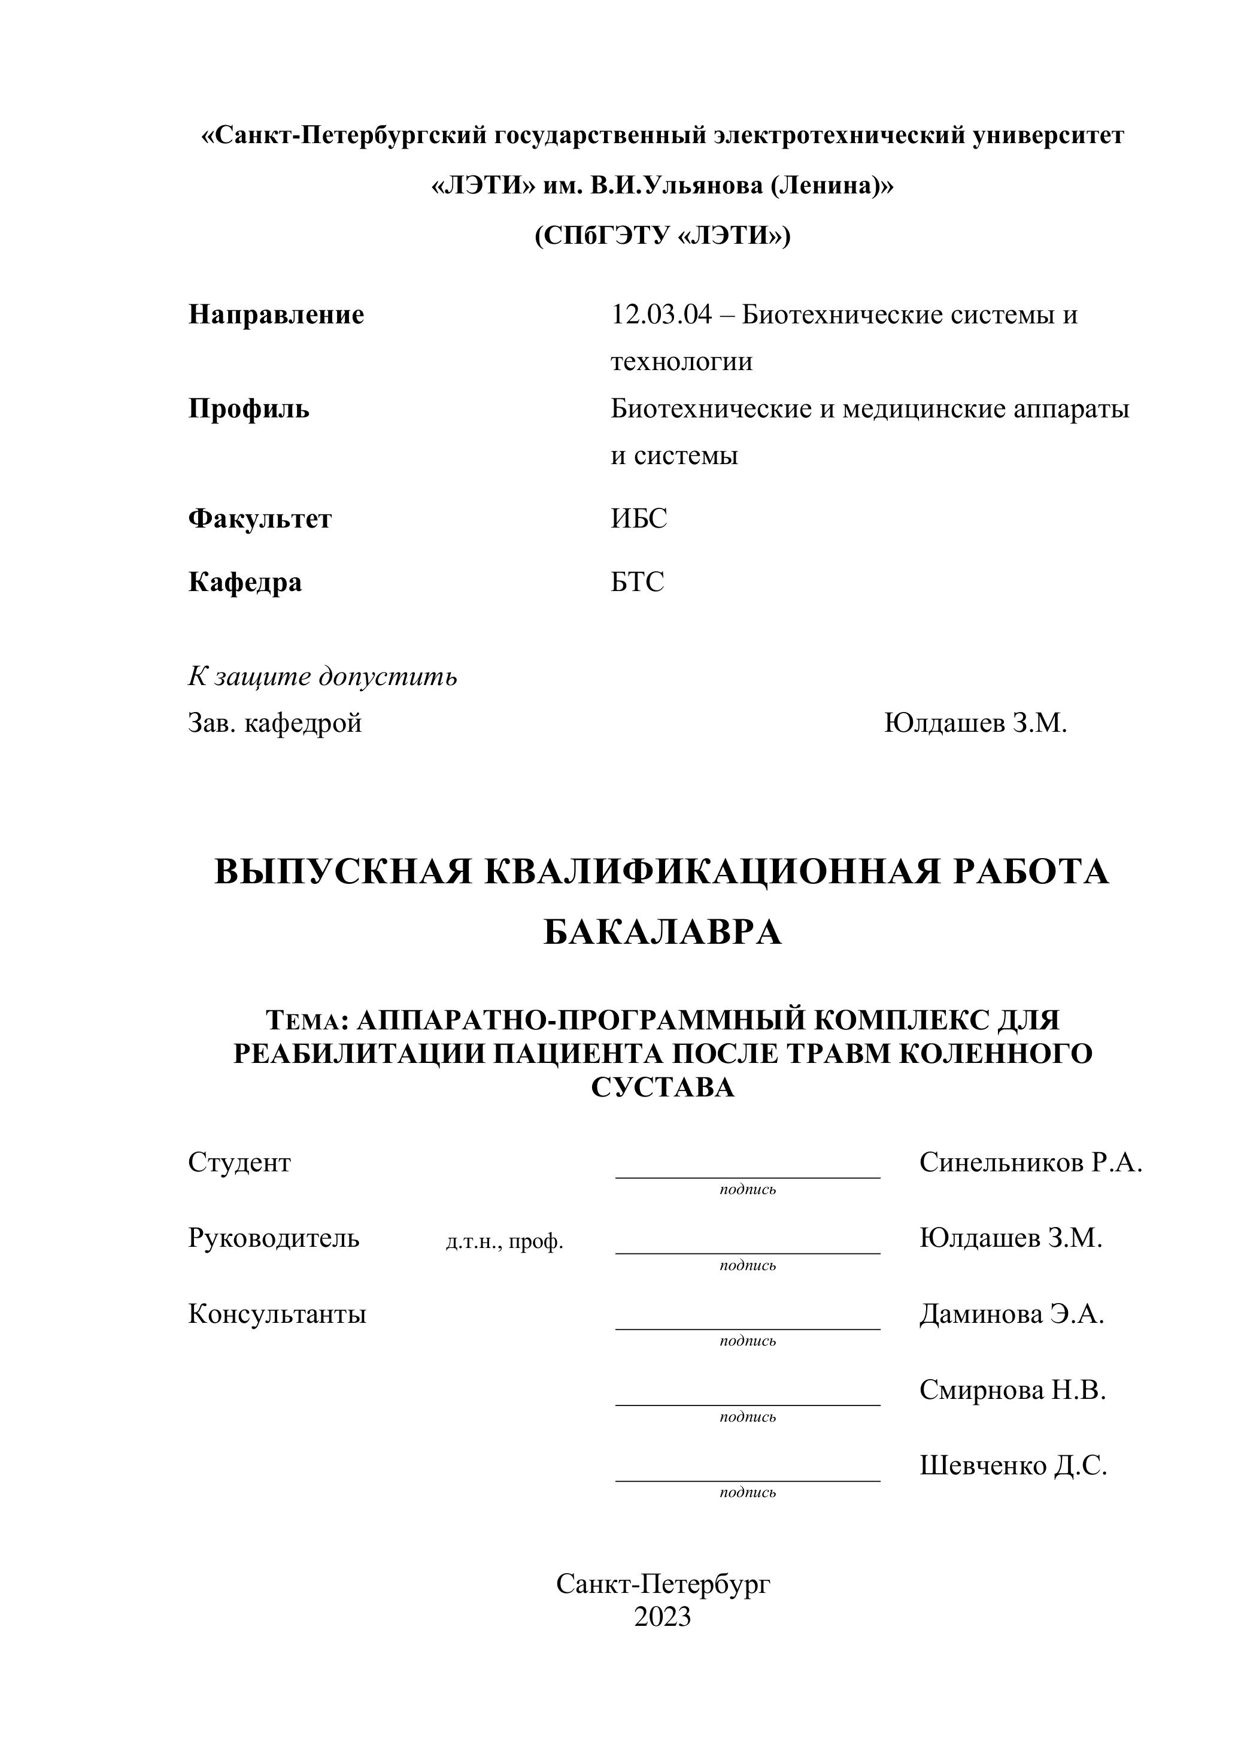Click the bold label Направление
(x=276, y=315)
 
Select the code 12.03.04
(x=661, y=315)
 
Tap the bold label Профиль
(x=248, y=410)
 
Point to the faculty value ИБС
(x=638, y=519)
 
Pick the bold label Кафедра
(x=245, y=582)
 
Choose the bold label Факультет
(x=260, y=519)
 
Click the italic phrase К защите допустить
(x=323, y=677)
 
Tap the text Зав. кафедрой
(x=274, y=722)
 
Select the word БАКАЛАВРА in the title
(x=662, y=932)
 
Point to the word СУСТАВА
(x=662, y=1087)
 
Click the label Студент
(x=239, y=1162)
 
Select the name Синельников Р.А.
(x=1030, y=1162)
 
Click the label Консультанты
(x=277, y=1314)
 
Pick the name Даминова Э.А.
(x=1011, y=1314)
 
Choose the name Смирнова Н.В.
(x=1012, y=1389)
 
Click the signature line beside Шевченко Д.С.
(x=747, y=1480)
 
